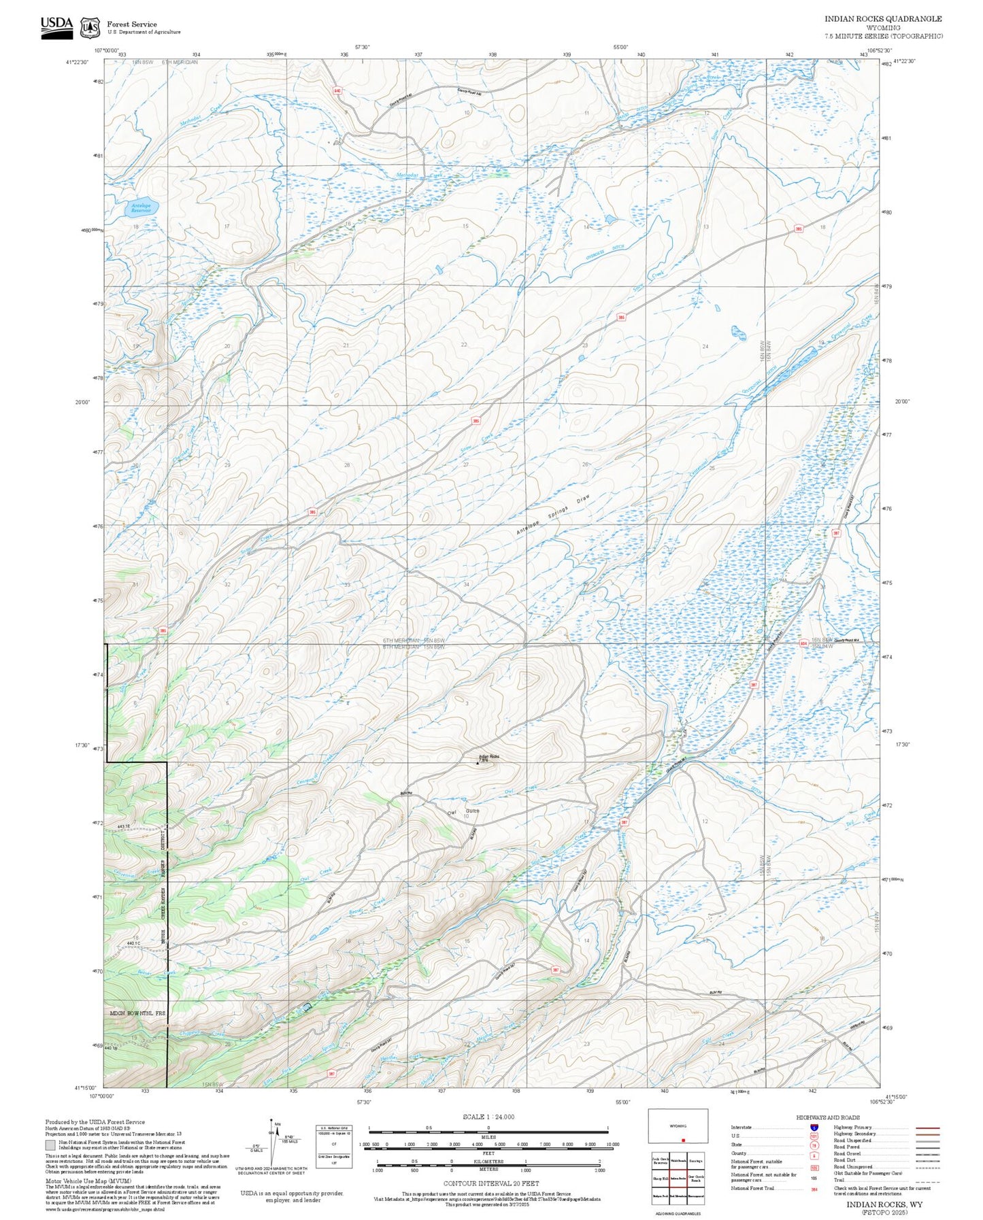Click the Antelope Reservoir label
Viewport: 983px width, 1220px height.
click(141, 207)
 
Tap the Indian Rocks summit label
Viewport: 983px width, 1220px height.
click(489, 758)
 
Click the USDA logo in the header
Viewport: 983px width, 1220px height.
click(56, 27)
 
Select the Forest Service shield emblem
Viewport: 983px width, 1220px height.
click(90, 28)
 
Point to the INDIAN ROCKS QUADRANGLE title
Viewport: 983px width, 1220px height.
click(883, 19)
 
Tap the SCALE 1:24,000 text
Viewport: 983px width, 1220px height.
click(488, 1117)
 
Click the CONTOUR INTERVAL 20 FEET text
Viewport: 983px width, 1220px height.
click(488, 1184)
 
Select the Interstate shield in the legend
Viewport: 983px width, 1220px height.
click(814, 1128)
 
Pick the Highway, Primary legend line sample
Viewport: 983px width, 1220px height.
click(927, 1128)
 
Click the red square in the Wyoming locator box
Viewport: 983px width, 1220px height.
click(682, 1140)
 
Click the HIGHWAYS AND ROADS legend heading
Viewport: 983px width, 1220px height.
click(828, 1117)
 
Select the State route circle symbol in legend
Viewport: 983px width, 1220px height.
click(814, 1145)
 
